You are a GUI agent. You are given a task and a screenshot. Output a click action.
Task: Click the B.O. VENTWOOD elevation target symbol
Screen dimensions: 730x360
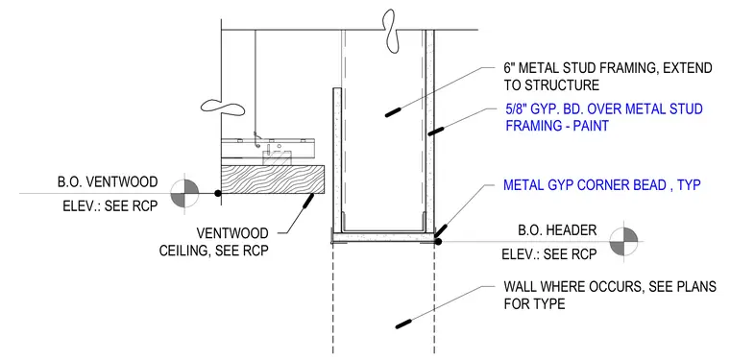(x=184, y=193)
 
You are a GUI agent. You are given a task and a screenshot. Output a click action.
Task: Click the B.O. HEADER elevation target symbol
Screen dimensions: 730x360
(x=623, y=241)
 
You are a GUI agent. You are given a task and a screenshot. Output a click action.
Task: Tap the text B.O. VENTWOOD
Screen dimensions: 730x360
(x=108, y=181)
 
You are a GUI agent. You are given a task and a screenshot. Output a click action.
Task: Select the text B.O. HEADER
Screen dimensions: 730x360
(x=557, y=230)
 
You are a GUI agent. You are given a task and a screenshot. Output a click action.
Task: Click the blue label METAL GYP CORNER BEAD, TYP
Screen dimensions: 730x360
(x=602, y=185)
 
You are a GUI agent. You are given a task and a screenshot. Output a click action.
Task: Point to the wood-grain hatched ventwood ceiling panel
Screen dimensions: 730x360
(x=273, y=180)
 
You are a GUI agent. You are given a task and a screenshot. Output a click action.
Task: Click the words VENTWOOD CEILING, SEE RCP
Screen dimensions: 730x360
(x=213, y=241)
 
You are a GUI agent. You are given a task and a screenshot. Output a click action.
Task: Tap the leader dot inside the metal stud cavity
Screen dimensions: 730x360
(x=393, y=112)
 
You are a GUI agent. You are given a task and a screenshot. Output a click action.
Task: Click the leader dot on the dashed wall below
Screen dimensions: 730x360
(x=403, y=324)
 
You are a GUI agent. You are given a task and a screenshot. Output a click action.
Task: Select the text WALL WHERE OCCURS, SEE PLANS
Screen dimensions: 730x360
(x=610, y=287)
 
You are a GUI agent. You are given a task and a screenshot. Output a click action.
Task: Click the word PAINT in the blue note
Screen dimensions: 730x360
(x=588, y=126)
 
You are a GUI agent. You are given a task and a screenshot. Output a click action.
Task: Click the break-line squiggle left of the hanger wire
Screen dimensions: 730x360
(x=223, y=108)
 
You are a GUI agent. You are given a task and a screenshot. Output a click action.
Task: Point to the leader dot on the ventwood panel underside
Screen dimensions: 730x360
(x=307, y=202)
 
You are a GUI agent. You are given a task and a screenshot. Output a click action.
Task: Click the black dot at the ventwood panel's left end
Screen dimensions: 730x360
(x=217, y=193)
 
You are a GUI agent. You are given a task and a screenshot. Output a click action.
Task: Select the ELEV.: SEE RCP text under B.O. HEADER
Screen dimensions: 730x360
(x=548, y=255)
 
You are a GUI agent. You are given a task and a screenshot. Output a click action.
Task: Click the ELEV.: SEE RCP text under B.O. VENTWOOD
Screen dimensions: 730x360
(x=110, y=205)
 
